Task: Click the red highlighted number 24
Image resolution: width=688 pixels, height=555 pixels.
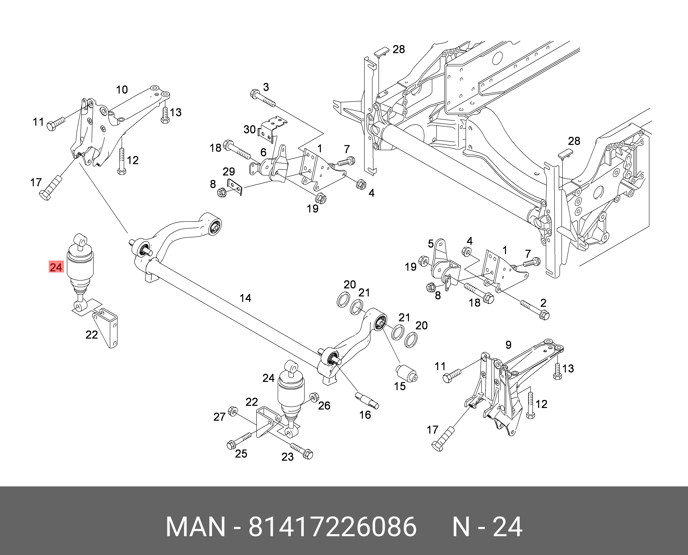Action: click(x=56, y=267)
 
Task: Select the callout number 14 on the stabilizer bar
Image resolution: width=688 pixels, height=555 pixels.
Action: click(x=245, y=298)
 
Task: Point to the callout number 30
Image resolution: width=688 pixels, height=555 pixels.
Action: click(x=249, y=129)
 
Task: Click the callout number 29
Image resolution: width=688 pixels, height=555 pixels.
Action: click(x=229, y=172)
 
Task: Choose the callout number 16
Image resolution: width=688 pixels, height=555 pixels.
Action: click(x=365, y=415)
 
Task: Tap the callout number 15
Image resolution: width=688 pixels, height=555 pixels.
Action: click(x=400, y=386)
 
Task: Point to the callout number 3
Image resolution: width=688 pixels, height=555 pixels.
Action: click(x=266, y=87)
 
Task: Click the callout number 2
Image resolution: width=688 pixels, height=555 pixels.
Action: click(x=543, y=303)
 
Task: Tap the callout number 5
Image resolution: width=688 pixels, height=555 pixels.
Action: click(x=431, y=244)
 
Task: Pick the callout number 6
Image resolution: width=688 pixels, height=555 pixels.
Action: click(x=263, y=153)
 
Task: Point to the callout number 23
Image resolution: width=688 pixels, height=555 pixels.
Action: click(x=287, y=457)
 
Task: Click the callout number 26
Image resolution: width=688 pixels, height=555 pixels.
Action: click(x=324, y=406)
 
